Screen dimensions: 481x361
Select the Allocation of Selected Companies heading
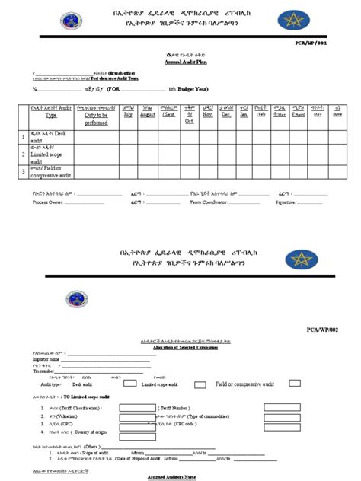(180, 347)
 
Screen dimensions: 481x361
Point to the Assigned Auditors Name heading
(180, 476)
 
